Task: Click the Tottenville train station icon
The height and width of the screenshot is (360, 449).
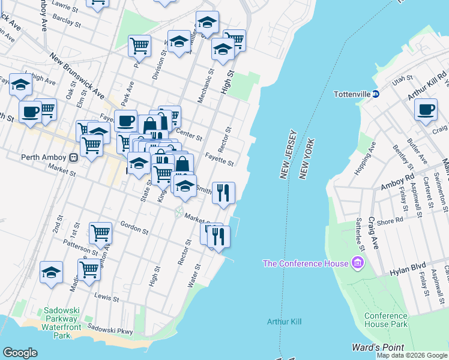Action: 376,94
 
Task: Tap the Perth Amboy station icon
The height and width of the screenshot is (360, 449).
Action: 74,158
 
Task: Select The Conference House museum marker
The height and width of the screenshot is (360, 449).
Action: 358,263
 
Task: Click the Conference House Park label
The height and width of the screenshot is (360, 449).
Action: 386,320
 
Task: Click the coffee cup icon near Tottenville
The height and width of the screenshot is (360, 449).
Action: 426,110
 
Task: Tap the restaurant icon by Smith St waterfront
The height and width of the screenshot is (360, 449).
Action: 223,193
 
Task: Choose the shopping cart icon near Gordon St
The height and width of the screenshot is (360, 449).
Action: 100,232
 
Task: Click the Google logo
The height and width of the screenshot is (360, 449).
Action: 20,353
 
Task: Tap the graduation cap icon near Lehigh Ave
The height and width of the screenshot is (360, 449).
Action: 21,85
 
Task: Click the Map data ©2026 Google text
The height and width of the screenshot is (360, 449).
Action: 412,356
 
